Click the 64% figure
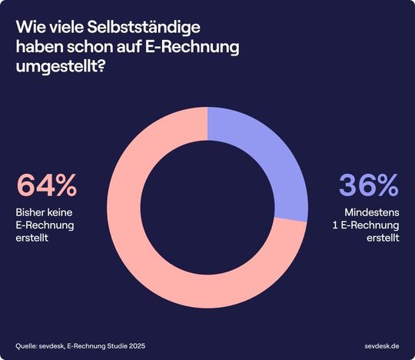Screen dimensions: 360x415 [x=47, y=186]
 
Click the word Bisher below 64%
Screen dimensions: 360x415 [x=32, y=211]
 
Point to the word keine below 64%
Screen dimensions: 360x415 [x=63, y=211]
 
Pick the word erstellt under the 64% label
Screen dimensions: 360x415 [x=33, y=237]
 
